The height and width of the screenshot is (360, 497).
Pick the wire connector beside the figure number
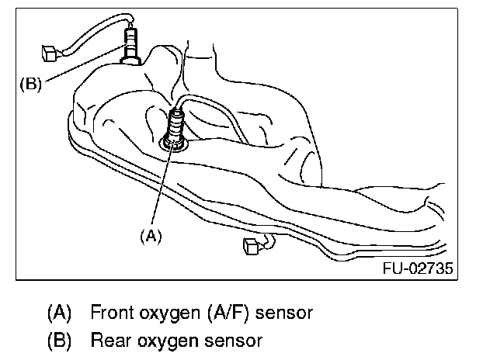(252, 247)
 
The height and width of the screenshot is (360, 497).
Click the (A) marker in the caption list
(60, 313)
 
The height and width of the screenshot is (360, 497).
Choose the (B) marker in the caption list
(60, 339)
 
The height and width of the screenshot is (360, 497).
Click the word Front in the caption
(111, 313)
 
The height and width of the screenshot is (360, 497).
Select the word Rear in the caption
(109, 339)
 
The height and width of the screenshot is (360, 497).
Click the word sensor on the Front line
(286, 313)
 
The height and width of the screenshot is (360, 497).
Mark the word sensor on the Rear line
(236, 339)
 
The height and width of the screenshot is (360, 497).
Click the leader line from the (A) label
(158, 190)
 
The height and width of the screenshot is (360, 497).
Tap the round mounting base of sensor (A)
(173, 143)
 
